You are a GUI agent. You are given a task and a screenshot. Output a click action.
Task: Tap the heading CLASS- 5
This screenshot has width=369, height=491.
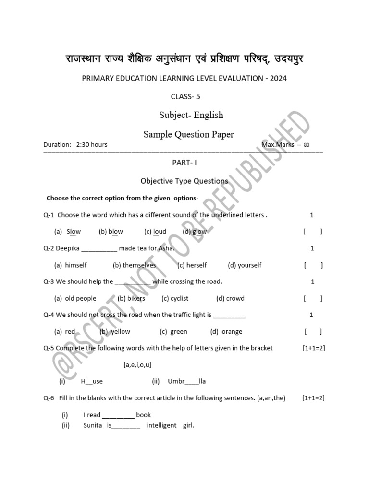coord(185,96)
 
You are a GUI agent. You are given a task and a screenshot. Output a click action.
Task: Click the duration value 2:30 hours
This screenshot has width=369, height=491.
coord(92,144)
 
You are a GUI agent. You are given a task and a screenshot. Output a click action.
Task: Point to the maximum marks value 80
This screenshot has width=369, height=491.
coord(307,145)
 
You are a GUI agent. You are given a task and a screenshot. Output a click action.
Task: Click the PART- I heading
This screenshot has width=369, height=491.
coord(185,163)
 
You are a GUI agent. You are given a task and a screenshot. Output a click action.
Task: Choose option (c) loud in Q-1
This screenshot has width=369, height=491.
coord(155,232)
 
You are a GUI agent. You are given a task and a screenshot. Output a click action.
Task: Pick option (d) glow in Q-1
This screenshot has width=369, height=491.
coord(195,232)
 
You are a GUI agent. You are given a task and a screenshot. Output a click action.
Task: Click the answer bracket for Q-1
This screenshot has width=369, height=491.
coord(312,232)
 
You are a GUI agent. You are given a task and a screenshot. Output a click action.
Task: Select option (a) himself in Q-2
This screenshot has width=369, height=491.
coord(70,265)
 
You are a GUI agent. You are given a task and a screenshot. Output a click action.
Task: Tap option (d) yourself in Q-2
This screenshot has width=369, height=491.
coord(245,265)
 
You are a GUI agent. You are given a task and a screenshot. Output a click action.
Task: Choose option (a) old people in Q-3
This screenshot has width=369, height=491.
coord(75,298)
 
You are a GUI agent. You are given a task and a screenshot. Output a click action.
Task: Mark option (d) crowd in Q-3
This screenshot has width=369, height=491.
coord(230,298)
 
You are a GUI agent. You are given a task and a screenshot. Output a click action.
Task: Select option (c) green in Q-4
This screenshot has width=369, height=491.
coord(173,331)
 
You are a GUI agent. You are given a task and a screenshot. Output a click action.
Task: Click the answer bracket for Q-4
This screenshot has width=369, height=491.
coord(313,331)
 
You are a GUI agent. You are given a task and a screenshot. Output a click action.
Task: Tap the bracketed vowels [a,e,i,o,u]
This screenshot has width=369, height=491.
coord(137,365)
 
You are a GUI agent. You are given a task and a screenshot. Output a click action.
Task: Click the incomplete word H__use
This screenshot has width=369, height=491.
coord(92,381)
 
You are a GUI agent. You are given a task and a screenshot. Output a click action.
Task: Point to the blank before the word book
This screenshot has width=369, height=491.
coord(118,415)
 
